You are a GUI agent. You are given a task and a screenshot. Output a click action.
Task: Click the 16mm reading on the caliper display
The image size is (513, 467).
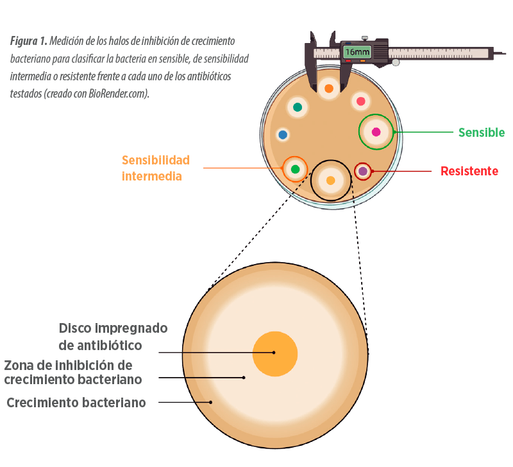coord(357,52)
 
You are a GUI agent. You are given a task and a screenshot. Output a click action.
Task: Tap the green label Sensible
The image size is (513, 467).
coord(482,132)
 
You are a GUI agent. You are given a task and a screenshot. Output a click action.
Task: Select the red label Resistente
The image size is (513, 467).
coord(469,171)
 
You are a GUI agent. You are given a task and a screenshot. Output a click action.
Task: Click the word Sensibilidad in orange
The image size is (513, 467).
coord(156,160)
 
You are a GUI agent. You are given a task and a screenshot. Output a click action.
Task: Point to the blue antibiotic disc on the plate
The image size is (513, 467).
coord(283,135)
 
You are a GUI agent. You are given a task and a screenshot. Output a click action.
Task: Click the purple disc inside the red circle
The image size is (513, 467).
coord(363,171)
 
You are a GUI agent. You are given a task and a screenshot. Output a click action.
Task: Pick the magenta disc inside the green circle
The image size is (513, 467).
coord(376,132)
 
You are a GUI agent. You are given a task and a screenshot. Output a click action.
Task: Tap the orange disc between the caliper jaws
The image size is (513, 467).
coord(329,89)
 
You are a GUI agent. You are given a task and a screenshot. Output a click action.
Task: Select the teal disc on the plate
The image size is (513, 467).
coord(298,107)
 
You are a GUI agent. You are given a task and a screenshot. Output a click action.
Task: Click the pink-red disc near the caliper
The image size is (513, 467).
coord(360,101)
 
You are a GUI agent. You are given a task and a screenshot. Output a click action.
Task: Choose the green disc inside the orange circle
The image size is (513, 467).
coord(295,169)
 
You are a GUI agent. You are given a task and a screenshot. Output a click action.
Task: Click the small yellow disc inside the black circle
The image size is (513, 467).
coord(331,181)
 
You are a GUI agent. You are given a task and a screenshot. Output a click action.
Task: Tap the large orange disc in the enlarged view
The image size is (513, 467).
coord(275,354)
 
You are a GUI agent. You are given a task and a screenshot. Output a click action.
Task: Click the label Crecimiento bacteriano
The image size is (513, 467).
coord(76,402)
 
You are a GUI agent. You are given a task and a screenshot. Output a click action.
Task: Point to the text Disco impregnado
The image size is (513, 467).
coord(114,328)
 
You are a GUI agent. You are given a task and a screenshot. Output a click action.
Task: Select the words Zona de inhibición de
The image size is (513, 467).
coord(69,365)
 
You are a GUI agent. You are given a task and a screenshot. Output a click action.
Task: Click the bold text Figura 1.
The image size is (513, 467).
coord(29,41)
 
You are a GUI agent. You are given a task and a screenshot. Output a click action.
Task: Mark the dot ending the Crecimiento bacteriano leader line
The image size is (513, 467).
coord(211,402)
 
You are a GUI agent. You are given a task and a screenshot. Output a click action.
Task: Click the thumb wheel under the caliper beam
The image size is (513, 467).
coord(396,62)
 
